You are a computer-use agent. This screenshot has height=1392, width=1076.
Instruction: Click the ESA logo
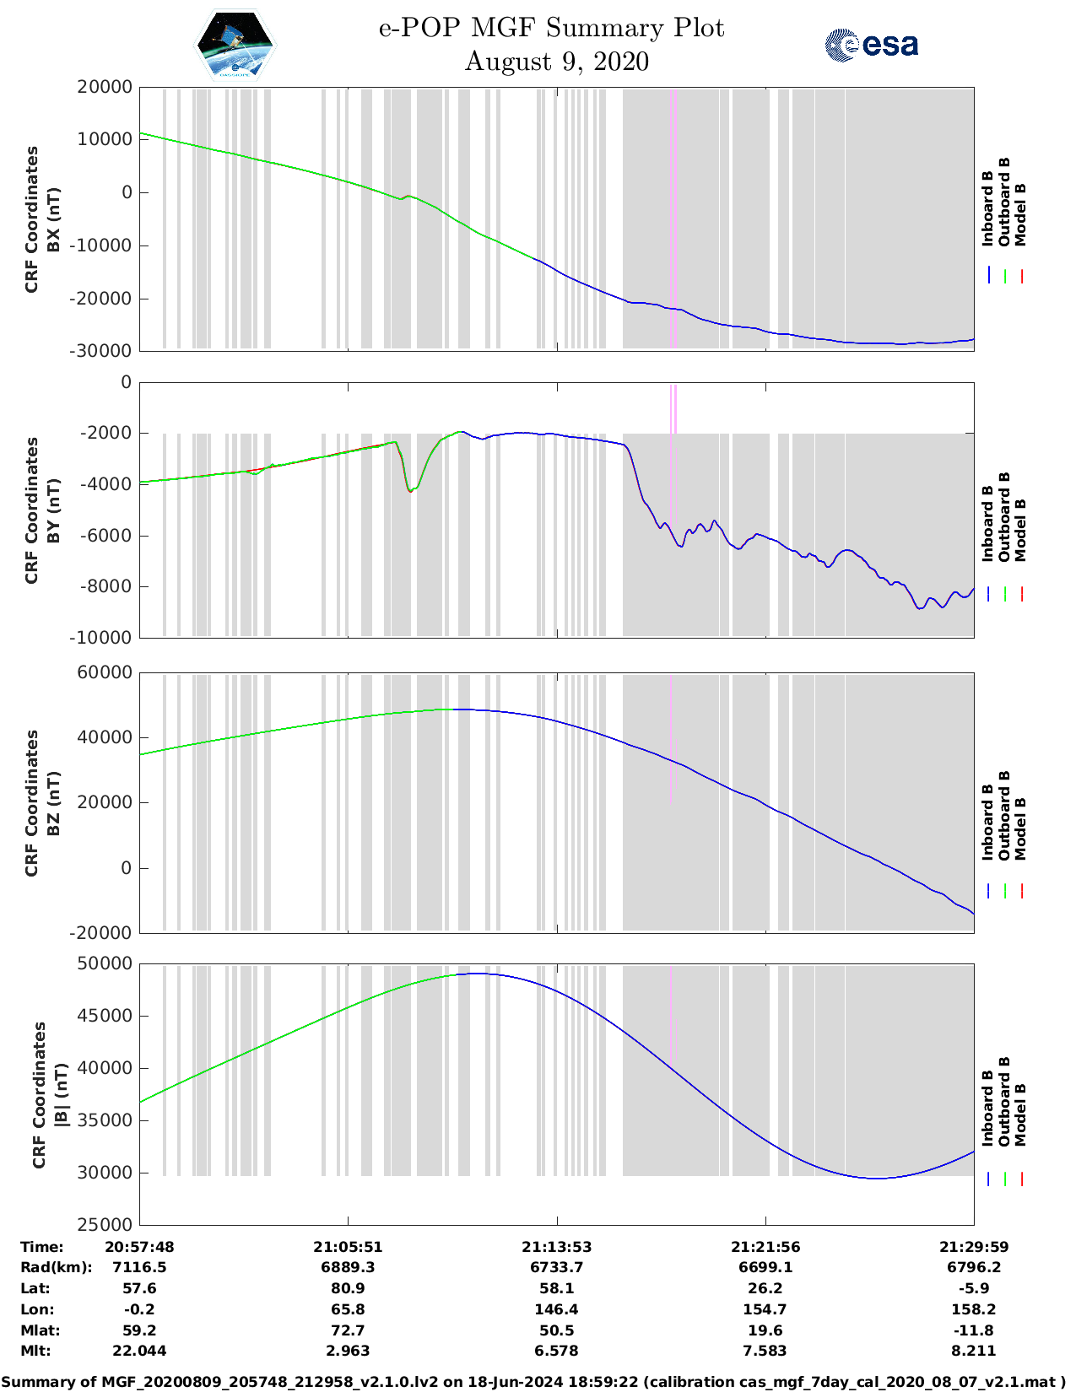point(871,45)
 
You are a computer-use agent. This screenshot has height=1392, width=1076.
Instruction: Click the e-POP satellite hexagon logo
point(235,45)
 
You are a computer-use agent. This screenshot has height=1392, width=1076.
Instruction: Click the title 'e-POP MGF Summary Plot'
point(551,28)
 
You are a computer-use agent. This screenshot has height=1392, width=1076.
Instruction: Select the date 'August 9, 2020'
point(556,62)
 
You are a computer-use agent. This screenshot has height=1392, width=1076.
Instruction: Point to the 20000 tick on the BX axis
point(105,87)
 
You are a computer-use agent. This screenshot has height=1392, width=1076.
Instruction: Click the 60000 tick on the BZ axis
point(105,672)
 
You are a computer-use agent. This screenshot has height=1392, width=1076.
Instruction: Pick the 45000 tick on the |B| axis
point(105,1016)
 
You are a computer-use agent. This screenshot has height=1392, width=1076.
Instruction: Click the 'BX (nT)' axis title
point(52,219)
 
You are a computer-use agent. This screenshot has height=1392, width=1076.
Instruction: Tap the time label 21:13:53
point(556,1247)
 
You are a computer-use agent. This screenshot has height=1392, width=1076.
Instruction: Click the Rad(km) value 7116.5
point(139,1267)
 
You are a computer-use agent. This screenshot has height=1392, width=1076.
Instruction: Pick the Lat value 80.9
point(348,1288)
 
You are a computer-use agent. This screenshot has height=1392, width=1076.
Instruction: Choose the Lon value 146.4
point(556,1309)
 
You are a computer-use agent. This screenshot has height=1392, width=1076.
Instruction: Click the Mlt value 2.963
point(348,1351)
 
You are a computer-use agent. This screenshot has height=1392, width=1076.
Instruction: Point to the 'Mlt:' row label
point(35,1351)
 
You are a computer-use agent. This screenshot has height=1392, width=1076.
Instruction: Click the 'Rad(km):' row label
point(57,1267)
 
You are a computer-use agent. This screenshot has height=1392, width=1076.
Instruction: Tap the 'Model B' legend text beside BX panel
point(1020,214)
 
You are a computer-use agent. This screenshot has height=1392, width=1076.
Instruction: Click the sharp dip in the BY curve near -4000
point(411,490)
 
